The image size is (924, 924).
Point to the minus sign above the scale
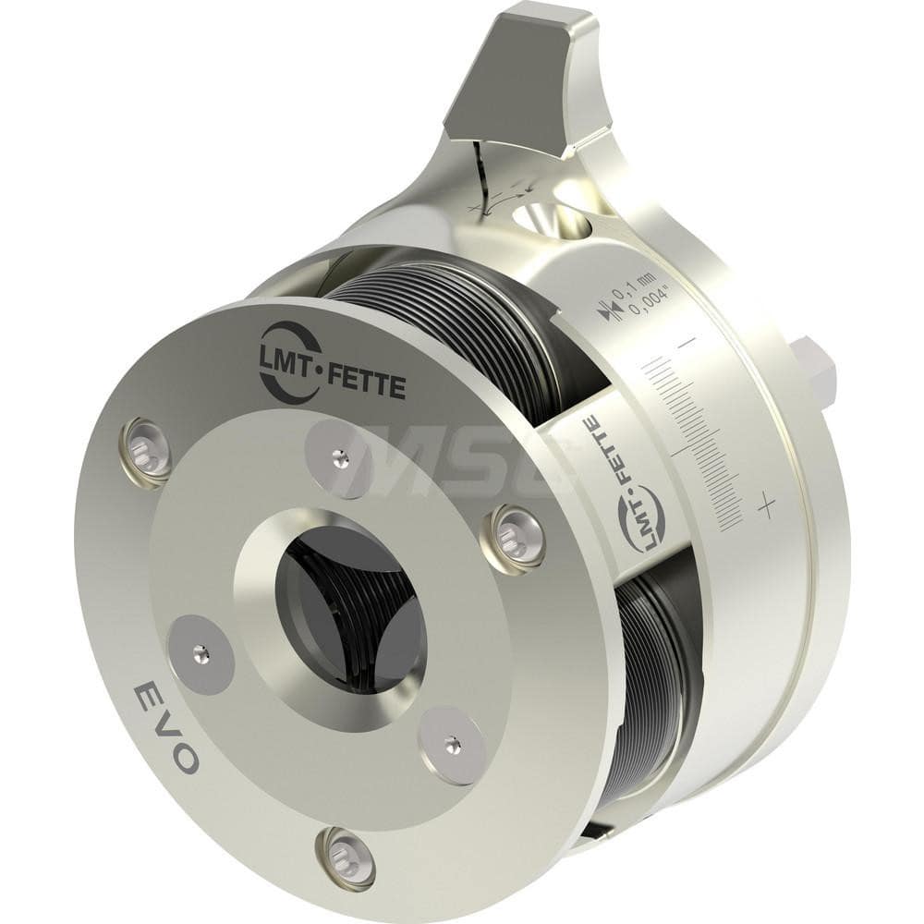(687, 343)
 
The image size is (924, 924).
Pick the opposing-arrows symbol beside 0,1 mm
(607, 312)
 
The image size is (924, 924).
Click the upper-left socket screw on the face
(148, 448)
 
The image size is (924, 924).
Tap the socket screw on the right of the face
(517, 536)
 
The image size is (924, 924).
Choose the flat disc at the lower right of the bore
(452, 744)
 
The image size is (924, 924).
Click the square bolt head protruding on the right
(812, 371)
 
